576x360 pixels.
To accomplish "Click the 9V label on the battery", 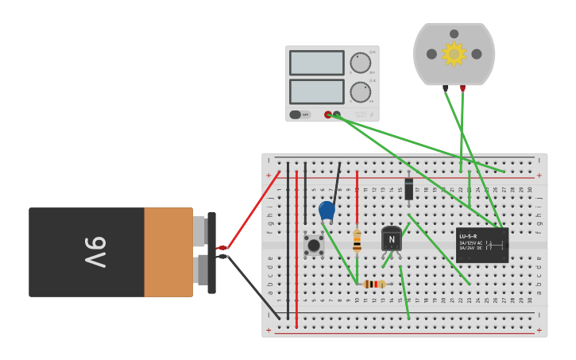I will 94,252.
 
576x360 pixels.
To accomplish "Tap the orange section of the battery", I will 168,252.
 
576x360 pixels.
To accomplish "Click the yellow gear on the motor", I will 454,53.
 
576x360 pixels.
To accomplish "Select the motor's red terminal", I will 462,88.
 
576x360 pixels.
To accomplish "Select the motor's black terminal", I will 445,88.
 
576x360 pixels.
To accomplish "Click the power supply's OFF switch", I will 300,114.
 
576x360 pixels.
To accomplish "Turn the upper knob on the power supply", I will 360,63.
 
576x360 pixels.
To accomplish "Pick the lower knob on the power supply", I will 360,91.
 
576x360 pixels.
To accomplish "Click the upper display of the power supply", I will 316,63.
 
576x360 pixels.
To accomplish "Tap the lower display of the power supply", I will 316,91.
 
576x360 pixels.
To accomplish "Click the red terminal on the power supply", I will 327,114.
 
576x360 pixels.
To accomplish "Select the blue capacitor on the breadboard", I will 327,210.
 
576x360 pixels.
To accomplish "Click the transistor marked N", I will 391,238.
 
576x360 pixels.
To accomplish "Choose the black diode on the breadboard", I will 408,189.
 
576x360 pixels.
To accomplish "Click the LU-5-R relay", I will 481,245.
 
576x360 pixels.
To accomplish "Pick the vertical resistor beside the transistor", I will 357,240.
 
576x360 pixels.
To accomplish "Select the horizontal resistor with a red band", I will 373,284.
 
